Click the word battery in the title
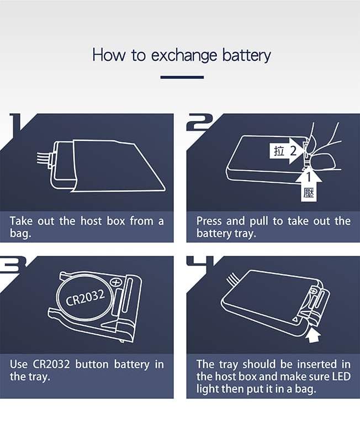click(x=246, y=55)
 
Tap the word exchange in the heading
click(x=184, y=56)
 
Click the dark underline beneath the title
click(x=182, y=77)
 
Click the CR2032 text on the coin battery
click(x=85, y=298)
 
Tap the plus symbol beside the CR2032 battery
click(x=116, y=282)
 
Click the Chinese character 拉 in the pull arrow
click(x=279, y=151)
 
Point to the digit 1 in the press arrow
click(x=309, y=177)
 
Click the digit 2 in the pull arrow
click(x=293, y=151)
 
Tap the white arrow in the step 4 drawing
click(x=314, y=334)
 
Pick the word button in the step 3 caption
click(x=92, y=365)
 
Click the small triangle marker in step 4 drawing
click(x=295, y=319)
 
